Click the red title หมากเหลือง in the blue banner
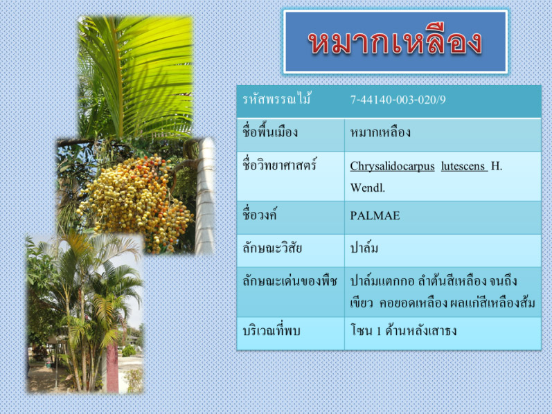point(395,43)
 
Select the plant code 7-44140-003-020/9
point(398,100)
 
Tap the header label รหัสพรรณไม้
point(277,99)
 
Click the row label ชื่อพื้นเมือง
point(270,132)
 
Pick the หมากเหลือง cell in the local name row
point(380,132)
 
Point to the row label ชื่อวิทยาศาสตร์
point(280,165)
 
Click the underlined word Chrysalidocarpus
point(392,166)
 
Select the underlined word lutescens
point(464,166)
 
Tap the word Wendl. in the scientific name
point(368,188)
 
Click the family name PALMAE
point(375,215)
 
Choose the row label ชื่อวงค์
point(260,215)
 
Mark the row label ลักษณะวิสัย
point(272,248)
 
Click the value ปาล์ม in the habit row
point(364,248)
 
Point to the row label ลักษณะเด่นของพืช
point(290,281)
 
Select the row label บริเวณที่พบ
point(271,330)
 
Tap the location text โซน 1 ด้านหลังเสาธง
point(404,330)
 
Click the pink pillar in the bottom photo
point(112,367)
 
